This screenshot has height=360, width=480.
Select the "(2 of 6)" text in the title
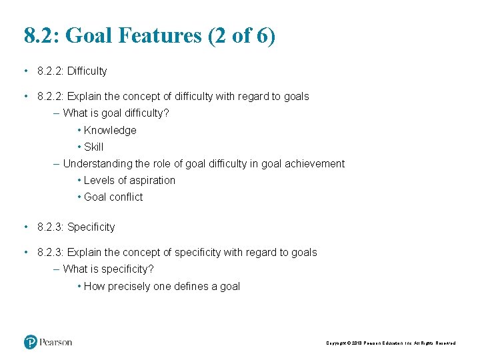click(241, 35)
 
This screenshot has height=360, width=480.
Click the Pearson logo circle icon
click(31, 342)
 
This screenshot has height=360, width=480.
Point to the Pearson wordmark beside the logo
click(56, 342)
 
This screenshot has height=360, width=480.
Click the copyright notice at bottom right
click(391, 343)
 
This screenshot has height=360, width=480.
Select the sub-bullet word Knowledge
click(110, 130)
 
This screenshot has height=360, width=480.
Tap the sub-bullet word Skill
click(94, 147)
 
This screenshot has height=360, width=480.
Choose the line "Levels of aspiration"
click(129, 180)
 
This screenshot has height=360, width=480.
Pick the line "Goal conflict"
click(113, 197)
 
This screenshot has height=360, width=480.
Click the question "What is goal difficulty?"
click(116, 113)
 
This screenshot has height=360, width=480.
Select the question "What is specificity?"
click(108, 269)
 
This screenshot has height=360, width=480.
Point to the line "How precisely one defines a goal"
click(161, 286)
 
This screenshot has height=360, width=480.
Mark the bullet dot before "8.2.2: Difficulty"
click(25, 71)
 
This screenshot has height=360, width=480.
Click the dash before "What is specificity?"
click(56, 269)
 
